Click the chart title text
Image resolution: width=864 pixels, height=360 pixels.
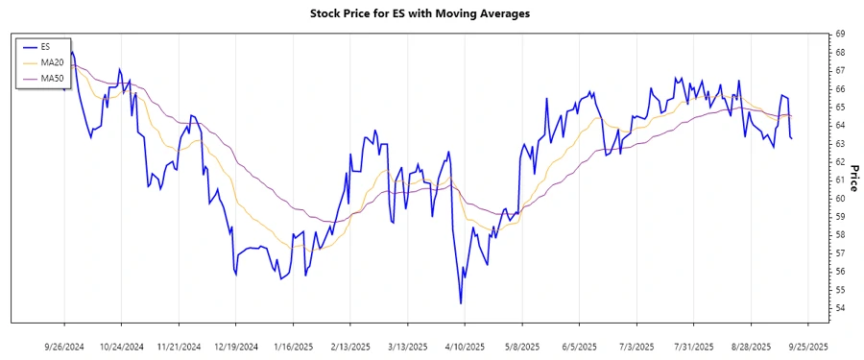pyautogui.click(x=420, y=14)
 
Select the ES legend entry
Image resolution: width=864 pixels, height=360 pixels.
pyautogui.click(x=46, y=46)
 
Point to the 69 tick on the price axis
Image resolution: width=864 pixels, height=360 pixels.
pyautogui.click(x=840, y=34)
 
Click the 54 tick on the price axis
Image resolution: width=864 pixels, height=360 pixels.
pyautogui.click(x=840, y=308)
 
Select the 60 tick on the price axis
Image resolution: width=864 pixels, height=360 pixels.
pyautogui.click(x=840, y=199)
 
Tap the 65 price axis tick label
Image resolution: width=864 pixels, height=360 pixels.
pyautogui.click(x=840, y=107)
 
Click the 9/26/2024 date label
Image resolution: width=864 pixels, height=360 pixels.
pyautogui.click(x=65, y=346)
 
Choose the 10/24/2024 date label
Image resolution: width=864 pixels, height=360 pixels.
pyautogui.click(x=122, y=346)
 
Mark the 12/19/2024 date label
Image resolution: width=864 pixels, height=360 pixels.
pyautogui.click(x=236, y=346)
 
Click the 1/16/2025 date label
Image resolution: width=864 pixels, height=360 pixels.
pyautogui.click(x=294, y=346)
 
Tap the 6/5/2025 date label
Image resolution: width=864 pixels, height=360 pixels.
pyautogui.click(x=579, y=346)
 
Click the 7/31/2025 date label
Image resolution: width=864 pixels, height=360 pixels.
pyautogui.click(x=693, y=346)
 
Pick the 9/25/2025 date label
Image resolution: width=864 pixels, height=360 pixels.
pyautogui.click(x=807, y=346)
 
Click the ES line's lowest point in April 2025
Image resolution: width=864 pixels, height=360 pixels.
pyautogui.click(x=461, y=303)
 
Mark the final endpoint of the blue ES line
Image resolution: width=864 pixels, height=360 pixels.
pyautogui.click(x=791, y=139)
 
